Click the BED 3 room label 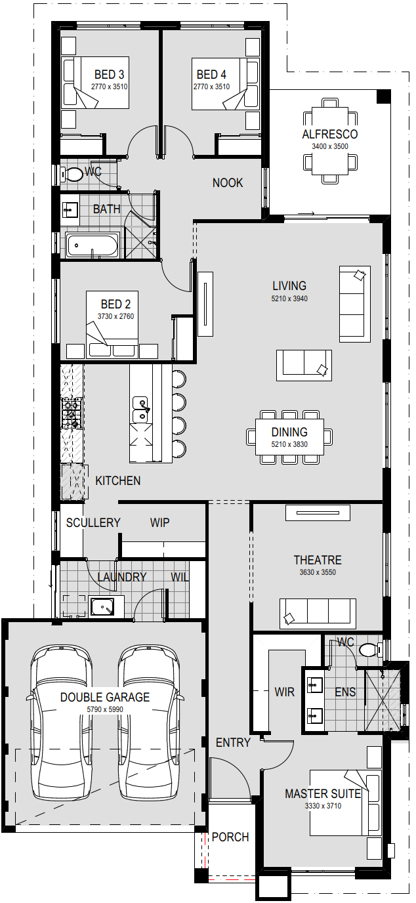[109, 75]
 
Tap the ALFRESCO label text [330, 135]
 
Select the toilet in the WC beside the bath [72, 175]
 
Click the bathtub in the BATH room [93, 245]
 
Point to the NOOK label [228, 183]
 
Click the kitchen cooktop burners [72, 412]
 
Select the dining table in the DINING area [289, 437]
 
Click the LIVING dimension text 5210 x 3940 [289, 299]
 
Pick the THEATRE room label [318, 560]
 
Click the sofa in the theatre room [318, 614]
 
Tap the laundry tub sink [102, 606]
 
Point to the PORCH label [230, 837]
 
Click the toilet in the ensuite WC [369, 650]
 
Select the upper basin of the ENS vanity [315, 684]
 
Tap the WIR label [285, 692]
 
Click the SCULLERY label [93, 523]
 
